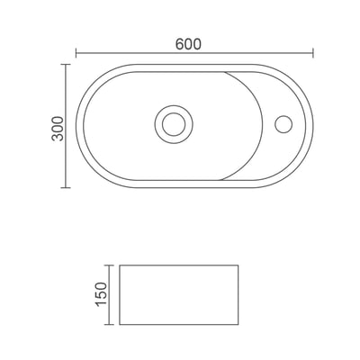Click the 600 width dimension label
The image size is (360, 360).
(188, 44)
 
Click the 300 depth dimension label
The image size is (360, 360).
(58, 129)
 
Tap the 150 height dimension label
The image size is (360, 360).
(101, 294)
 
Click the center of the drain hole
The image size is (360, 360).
(174, 124)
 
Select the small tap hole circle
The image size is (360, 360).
(283, 124)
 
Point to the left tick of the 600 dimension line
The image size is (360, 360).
(76, 53)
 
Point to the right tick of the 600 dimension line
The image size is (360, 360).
(313, 53)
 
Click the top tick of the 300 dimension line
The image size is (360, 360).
(66, 64)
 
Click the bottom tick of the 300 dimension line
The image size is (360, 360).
(66, 188)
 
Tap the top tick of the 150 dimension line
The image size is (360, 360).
(109, 265)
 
